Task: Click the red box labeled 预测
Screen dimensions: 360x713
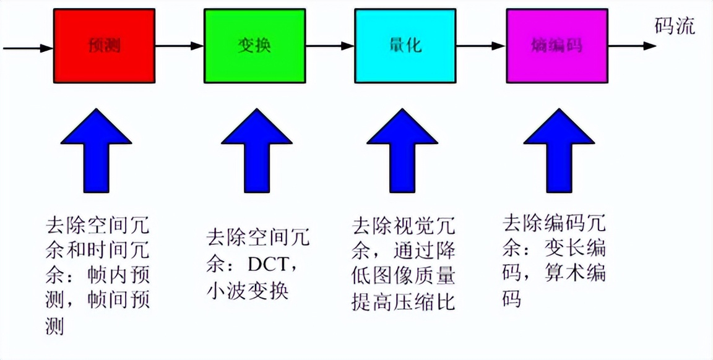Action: tap(104, 46)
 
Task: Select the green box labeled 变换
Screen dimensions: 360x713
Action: tap(254, 46)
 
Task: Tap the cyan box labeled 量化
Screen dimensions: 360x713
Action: tap(405, 46)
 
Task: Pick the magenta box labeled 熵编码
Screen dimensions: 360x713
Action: tap(556, 46)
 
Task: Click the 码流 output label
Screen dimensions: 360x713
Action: tap(675, 26)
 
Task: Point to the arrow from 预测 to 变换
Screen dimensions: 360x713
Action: tap(179, 46)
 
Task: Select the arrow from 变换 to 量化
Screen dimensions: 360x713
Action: tap(329, 46)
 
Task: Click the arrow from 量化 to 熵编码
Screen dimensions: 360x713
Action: tap(480, 46)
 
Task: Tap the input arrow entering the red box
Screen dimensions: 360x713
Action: tap(28, 47)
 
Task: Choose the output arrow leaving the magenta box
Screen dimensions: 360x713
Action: tap(631, 46)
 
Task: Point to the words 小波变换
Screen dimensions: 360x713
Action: tap(247, 290)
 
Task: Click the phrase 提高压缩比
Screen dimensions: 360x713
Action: tap(404, 302)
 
